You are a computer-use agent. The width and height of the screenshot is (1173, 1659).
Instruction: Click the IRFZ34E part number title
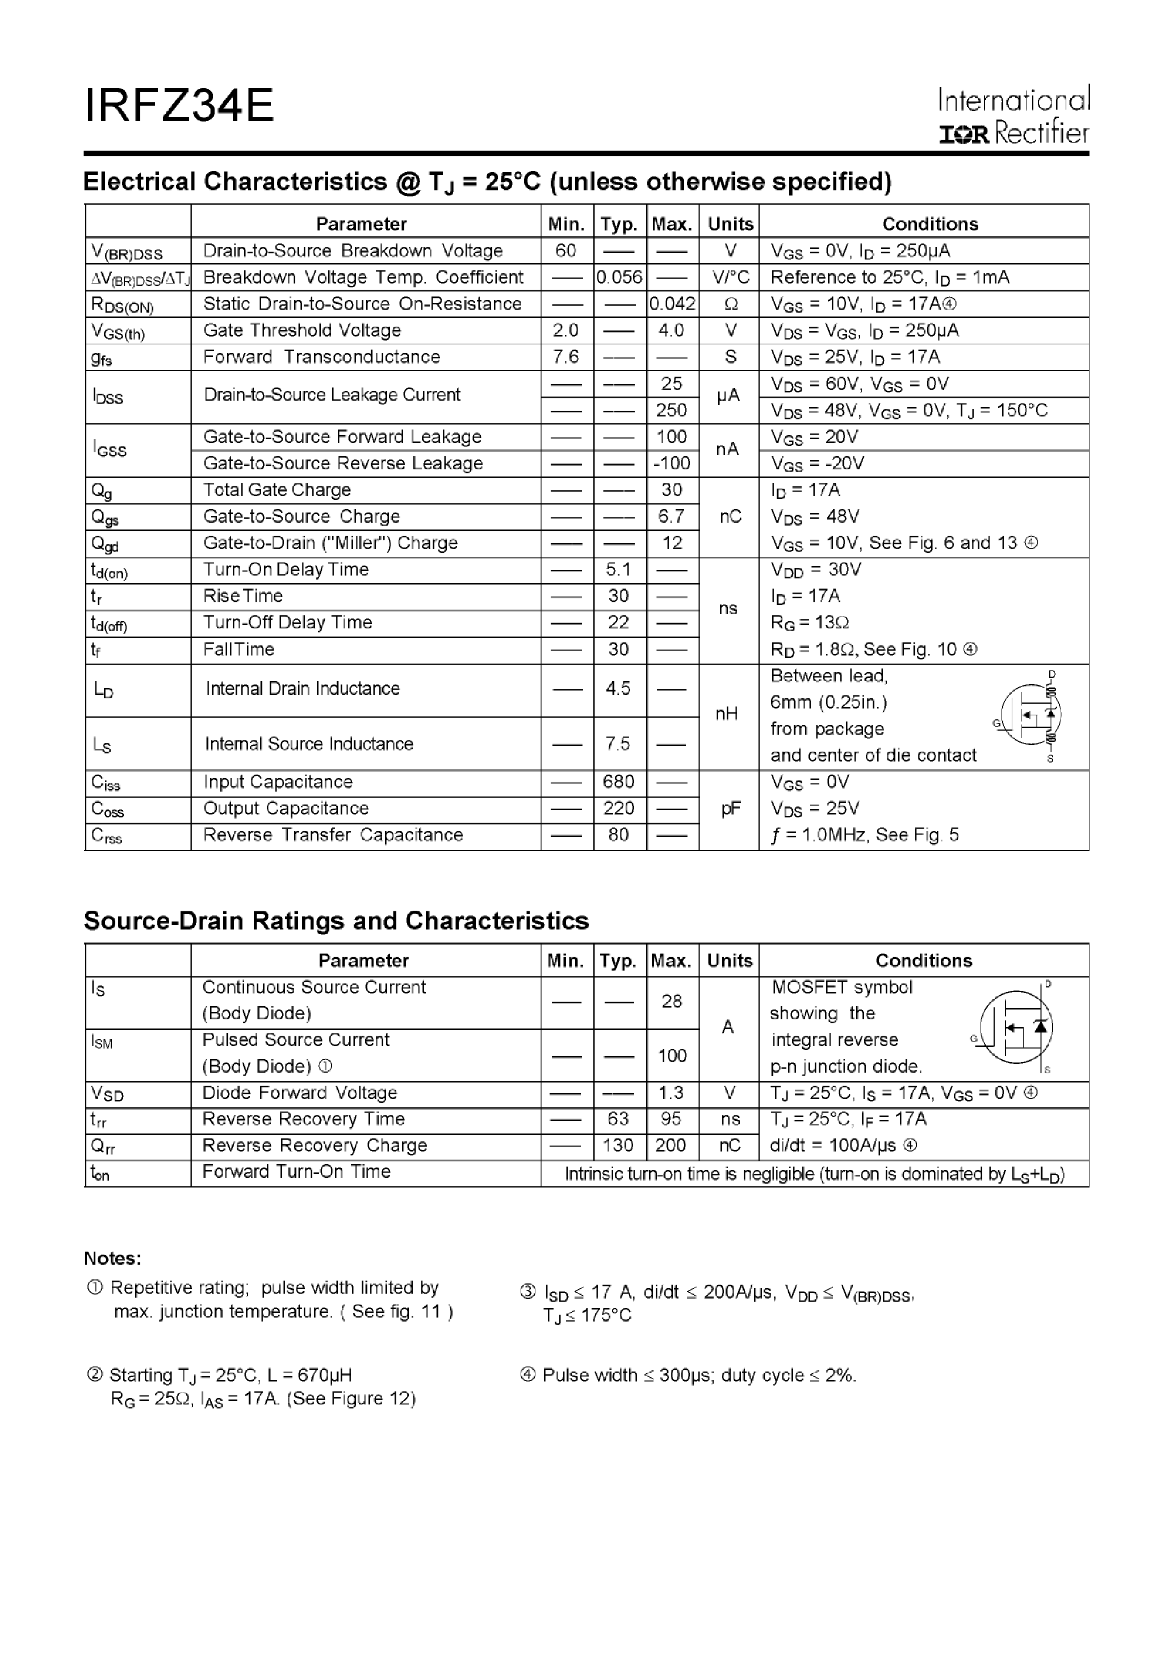179,106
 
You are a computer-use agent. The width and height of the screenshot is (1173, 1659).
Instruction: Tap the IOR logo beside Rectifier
963,135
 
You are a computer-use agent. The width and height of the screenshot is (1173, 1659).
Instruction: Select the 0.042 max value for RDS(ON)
672,304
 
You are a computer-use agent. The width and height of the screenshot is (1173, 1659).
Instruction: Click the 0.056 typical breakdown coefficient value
619,277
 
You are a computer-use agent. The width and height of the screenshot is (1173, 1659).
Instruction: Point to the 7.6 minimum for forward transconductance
565,357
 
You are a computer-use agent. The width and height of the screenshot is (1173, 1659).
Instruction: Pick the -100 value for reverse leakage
672,463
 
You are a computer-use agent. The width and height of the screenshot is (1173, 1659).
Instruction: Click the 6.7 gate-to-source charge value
672,516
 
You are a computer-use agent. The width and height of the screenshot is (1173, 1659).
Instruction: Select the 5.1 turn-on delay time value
618,569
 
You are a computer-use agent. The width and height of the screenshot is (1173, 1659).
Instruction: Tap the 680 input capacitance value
618,782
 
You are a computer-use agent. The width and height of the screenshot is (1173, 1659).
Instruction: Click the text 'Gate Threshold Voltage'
302,330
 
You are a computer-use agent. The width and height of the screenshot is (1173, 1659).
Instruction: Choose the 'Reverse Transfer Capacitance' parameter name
333,835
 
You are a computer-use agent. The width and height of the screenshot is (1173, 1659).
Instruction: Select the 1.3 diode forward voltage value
671,1093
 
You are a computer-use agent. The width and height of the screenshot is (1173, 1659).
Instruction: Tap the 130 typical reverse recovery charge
618,1146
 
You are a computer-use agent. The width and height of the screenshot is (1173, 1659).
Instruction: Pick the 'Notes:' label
112,1258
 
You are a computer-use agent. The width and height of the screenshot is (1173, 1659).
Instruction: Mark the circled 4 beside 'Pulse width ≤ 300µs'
528,1375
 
